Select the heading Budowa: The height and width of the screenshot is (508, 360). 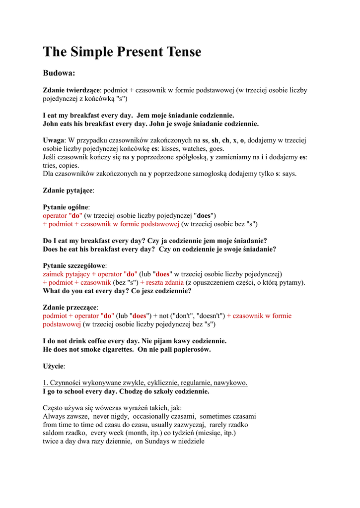(x=59, y=73)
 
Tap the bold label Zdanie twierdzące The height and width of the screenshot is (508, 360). (x=72, y=90)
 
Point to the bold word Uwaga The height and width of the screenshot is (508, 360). (x=54, y=140)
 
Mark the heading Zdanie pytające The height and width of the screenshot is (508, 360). (x=68, y=190)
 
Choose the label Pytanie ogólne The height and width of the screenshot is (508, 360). (x=66, y=207)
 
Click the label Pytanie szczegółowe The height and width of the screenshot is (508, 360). (x=74, y=265)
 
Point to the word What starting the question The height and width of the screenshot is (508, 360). (x=53, y=291)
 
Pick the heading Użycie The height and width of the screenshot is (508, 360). (x=54, y=366)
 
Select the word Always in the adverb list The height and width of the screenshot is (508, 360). (x=54, y=416)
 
